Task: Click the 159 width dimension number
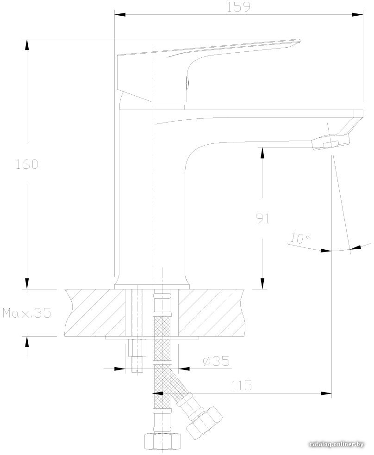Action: [238, 6]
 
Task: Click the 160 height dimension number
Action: [27, 164]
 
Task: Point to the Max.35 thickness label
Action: [27, 313]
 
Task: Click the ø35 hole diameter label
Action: [216, 361]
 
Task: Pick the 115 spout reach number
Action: [242, 386]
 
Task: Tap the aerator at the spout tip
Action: [331, 142]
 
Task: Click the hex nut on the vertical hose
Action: [162, 441]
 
